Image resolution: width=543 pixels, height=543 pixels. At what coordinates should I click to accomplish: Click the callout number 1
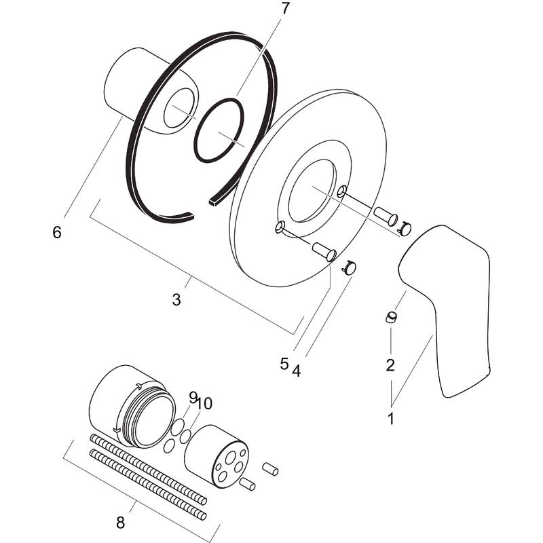(x=390, y=419)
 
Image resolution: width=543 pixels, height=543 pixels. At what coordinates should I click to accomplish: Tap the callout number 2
(x=390, y=365)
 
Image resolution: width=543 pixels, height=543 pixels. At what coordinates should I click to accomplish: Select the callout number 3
(x=176, y=299)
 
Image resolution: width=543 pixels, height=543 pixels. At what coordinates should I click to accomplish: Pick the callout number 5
(x=284, y=363)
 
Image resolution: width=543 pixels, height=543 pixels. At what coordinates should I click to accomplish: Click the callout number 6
(x=56, y=232)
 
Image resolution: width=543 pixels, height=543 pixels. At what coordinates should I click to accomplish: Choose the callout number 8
(x=120, y=523)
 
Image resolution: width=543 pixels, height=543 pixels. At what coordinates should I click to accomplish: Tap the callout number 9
(x=193, y=396)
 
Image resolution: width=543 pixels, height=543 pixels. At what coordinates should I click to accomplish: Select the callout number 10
(x=204, y=403)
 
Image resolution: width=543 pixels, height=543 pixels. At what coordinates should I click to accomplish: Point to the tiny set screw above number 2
(x=391, y=317)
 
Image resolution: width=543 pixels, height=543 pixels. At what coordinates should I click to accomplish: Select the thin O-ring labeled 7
(x=218, y=131)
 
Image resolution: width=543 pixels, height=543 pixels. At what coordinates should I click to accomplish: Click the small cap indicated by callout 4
(x=350, y=268)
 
